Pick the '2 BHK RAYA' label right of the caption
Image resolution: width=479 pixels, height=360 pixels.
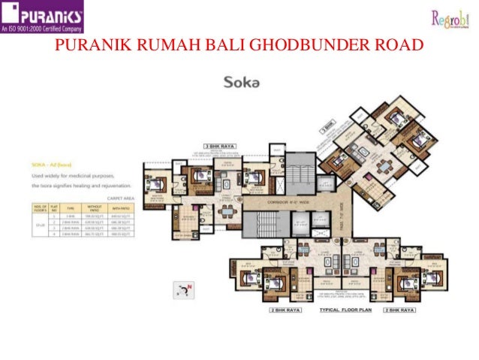click(x=399, y=309)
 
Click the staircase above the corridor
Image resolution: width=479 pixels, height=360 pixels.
click(x=300, y=171)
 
